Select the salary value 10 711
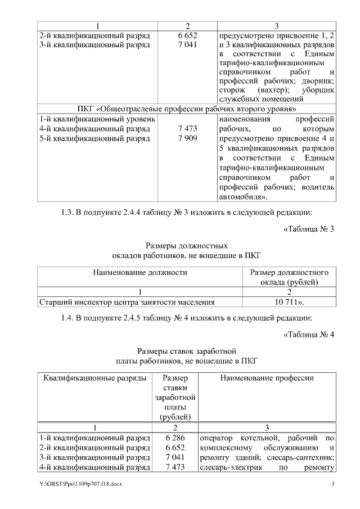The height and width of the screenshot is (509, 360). click(x=288, y=302)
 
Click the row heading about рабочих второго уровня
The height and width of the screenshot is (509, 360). click(x=187, y=108)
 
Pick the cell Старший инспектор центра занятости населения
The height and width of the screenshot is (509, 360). click(x=127, y=302)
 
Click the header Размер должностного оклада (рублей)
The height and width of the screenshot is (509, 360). click(x=289, y=277)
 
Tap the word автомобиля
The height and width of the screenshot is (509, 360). click(x=238, y=197)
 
